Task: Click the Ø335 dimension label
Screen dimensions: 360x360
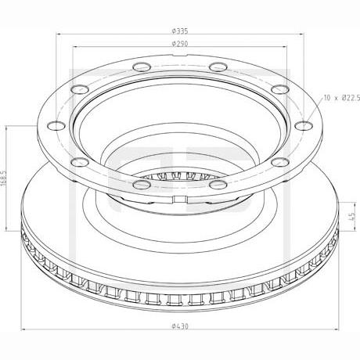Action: pyautogui.click(x=180, y=31)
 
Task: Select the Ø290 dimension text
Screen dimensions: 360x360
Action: pyautogui.click(x=180, y=44)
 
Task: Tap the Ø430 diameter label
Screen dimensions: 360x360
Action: pyautogui.click(x=180, y=326)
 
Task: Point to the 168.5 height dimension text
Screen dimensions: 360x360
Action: pyautogui.click(x=3, y=178)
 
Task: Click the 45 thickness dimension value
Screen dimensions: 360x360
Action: pyautogui.click(x=352, y=216)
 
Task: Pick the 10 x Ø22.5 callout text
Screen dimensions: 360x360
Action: pyautogui.click(x=342, y=98)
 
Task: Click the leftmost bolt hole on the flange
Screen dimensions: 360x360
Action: pyautogui.click(x=56, y=126)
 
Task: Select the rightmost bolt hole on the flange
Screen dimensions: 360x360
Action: pyautogui.click(x=304, y=126)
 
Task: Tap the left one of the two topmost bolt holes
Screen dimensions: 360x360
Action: pyautogui.click(x=142, y=67)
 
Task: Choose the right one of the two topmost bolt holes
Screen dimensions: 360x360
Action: pyautogui.click(x=218, y=67)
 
